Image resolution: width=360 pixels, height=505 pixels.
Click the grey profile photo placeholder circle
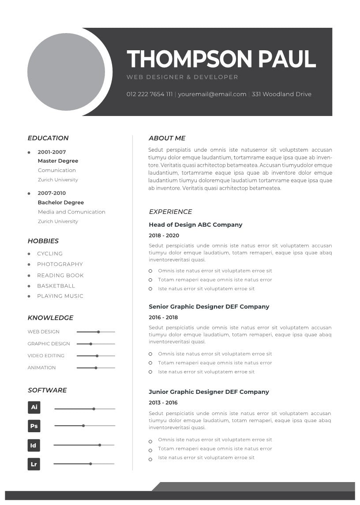click(66, 72)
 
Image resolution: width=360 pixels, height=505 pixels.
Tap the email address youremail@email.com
click(212, 94)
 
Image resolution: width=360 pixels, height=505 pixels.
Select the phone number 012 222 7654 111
click(150, 94)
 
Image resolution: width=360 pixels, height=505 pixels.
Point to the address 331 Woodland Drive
click(281, 94)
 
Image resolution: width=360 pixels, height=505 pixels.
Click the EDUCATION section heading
click(48, 138)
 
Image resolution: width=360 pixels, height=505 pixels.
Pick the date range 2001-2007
click(52, 152)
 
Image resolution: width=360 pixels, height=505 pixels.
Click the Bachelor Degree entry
click(60, 202)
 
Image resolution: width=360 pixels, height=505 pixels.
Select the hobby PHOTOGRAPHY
click(60, 264)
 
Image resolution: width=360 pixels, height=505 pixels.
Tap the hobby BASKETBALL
click(56, 286)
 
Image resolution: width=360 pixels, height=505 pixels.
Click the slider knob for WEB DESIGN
click(98, 332)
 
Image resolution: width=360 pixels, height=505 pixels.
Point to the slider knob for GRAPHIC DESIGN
click(91, 344)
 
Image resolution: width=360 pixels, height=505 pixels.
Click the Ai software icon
click(34, 407)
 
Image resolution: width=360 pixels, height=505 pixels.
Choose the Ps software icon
click(34, 426)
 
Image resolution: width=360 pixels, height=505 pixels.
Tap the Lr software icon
click(34, 464)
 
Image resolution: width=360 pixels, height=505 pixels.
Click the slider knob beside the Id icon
click(100, 445)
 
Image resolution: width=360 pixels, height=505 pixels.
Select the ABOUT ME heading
click(167, 138)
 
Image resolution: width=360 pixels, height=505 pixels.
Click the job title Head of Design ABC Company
click(195, 224)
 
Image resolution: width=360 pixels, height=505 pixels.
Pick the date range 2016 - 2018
click(163, 317)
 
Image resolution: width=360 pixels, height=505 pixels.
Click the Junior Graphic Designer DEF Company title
click(209, 392)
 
